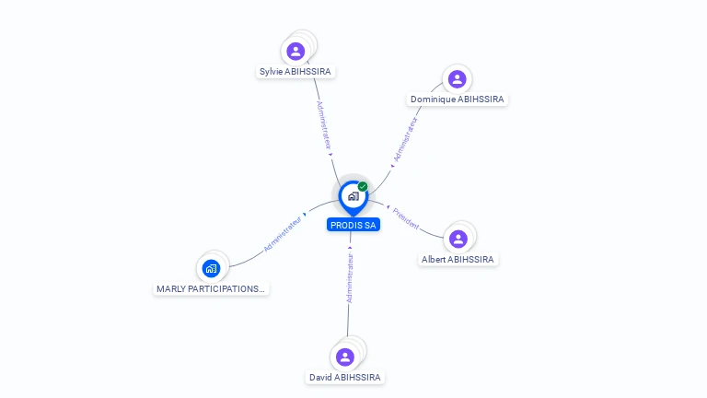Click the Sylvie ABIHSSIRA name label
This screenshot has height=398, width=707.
click(x=296, y=71)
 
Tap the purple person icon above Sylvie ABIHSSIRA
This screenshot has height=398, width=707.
click(x=296, y=52)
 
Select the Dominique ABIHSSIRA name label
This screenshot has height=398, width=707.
click(x=458, y=99)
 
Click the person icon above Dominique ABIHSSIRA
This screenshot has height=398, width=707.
click(x=458, y=79)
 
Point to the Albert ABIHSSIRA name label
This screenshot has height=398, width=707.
click(x=458, y=260)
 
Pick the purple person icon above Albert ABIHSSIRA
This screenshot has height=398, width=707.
click(x=458, y=240)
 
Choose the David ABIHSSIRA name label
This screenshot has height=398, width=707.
click(x=345, y=377)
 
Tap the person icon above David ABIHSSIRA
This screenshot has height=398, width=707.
click(x=345, y=357)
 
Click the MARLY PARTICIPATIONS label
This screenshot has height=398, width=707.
click(x=211, y=288)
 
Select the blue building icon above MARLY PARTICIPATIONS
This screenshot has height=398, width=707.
click(x=211, y=268)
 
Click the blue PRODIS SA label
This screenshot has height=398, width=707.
click(x=353, y=225)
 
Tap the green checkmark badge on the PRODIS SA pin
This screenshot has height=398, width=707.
click(x=363, y=186)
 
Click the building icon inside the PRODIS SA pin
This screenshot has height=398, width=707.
click(x=353, y=196)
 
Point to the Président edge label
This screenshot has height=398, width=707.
click(x=406, y=218)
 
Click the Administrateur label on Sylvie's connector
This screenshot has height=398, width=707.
click(x=324, y=125)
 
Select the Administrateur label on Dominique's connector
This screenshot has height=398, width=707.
click(x=405, y=139)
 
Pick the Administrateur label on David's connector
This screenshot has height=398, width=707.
click(x=350, y=277)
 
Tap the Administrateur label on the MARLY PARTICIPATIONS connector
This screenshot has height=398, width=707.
click(x=283, y=234)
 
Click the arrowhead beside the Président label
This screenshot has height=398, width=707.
click(x=388, y=207)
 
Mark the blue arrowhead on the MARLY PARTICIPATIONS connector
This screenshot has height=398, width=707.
click(x=305, y=215)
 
